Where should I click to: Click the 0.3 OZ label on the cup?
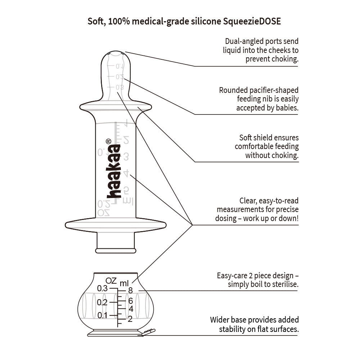tap(103, 288)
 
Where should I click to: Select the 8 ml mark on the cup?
tap(130, 290)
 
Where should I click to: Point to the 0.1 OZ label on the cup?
tap(103, 315)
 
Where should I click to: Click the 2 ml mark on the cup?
tap(130, 319)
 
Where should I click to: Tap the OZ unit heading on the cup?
tap(111, 280)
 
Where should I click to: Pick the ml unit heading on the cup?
tap(124, 283)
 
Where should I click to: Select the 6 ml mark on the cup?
tap(131, 300)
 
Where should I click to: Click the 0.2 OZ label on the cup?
tap(103, 302)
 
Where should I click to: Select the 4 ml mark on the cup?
tap(131, 309)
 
